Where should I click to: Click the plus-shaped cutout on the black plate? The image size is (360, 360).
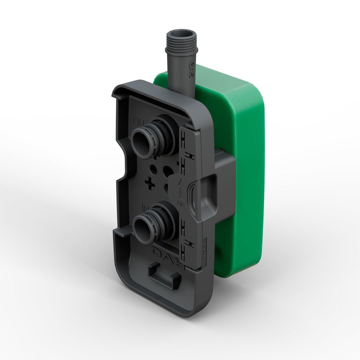click(x=150, y=183)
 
